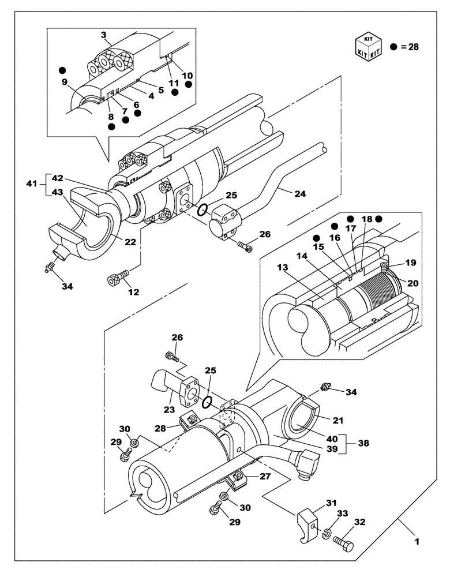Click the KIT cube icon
367,46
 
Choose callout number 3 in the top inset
103,36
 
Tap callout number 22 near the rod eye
131,242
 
